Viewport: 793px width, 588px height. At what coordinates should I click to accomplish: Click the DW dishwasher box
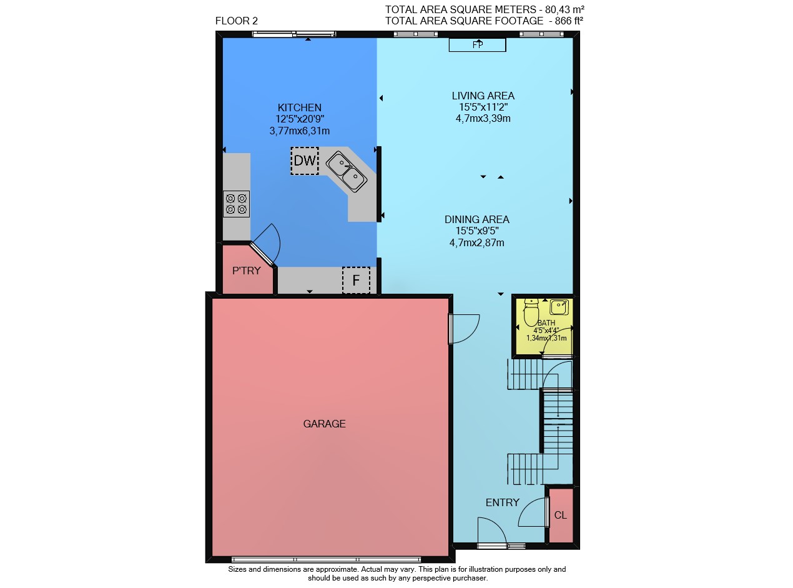pyautogui.click(x=304, y=161)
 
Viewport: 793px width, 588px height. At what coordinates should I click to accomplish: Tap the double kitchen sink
pyautogui.click(x=346, y=172)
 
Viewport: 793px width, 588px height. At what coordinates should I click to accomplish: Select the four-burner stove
pyautogui.click(x=236, y=204)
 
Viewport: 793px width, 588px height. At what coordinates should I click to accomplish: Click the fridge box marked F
pyautogui.click(x=356, y=280)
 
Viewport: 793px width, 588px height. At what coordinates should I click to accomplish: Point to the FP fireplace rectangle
pyautogui.click(x=477, y=45)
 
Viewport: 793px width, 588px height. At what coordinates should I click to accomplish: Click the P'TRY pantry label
pyautogui.click(x=247, y=271)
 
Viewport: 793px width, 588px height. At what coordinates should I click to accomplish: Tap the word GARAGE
pyautogui.click(x=324, y=424)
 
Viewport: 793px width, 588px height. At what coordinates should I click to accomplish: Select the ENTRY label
pyautogui.click(x=502, y=502)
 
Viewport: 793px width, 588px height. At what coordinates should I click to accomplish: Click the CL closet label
pyautogui.click(x=560, y=515)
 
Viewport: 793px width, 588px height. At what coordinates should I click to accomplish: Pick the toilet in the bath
pyautogui.click(x=531, y=312)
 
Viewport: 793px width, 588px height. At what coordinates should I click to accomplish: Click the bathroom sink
pyautogui.click(x=559, y=307)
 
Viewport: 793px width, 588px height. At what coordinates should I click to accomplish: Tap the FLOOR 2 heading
pyautogui.click(x=236, y=21)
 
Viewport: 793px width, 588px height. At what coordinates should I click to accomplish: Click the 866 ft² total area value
pyautogui.click(x=569, y=21)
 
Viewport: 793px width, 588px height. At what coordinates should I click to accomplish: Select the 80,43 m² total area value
pyautogui.click(x=565, y=9)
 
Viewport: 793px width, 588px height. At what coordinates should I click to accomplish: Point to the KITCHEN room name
pyautogui.click(x=300, y=107)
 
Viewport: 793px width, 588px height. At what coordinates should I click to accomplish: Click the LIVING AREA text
pyautogui.click(x=483, y=96)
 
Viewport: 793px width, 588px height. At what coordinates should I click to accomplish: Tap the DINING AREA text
pyautogui.click(x=477, y=219)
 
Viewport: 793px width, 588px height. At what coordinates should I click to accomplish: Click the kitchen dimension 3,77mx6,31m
pyautogui.click(x=300, y=131)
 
